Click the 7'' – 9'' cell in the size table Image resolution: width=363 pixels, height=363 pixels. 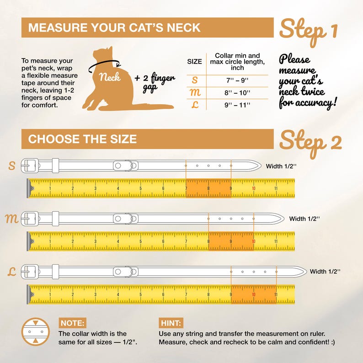point(237,80)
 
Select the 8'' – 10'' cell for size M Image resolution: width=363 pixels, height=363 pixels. point(237,93)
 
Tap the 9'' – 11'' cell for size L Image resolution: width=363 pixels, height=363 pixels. point(237,105)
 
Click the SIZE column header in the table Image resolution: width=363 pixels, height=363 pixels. point(194,62)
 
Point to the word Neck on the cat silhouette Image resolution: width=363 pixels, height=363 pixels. point(110,77)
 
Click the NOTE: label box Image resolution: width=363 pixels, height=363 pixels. point(72,323)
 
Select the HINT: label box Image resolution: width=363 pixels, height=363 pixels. point(171,323)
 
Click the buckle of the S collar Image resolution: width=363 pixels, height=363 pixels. point(30,166)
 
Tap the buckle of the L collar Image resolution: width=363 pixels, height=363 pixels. point(30,272)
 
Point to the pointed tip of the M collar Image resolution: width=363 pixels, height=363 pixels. point(284,219)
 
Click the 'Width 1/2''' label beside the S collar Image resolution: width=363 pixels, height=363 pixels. point(281,166)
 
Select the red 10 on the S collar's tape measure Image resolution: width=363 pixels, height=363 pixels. point(253,188)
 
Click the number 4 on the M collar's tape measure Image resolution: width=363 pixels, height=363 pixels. point(118,241)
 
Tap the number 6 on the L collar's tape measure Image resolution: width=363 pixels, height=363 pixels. point(163,294)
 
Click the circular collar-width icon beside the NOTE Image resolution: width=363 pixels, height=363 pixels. point(35,332)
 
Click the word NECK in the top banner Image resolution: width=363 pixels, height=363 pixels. point(184,27)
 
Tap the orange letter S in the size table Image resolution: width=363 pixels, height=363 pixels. point(195,80)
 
